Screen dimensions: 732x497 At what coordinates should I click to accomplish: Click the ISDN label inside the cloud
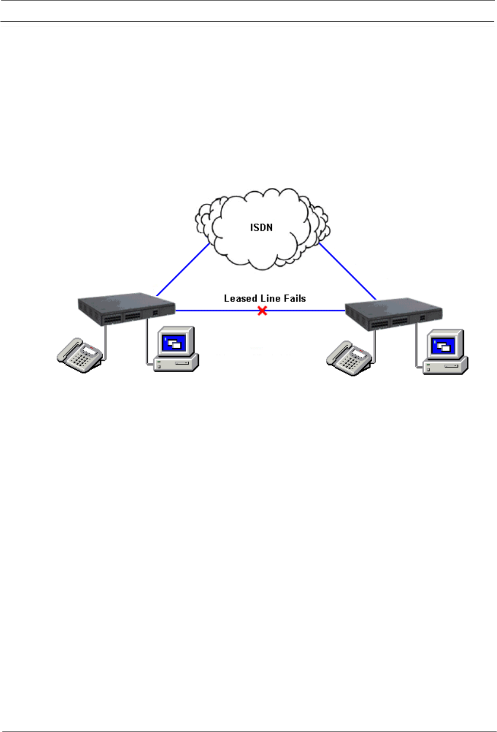click(261, 227)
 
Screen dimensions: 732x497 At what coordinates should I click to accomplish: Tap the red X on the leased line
click(262, 310)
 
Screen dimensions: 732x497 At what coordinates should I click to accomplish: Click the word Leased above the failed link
click(240, 298)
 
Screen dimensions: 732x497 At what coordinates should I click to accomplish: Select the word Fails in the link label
click(295, 298)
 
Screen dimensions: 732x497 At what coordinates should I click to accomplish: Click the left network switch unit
click(126, 309)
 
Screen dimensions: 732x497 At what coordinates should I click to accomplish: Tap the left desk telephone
click(80, 355)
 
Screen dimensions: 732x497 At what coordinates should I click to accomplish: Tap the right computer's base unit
click(445, 366)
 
